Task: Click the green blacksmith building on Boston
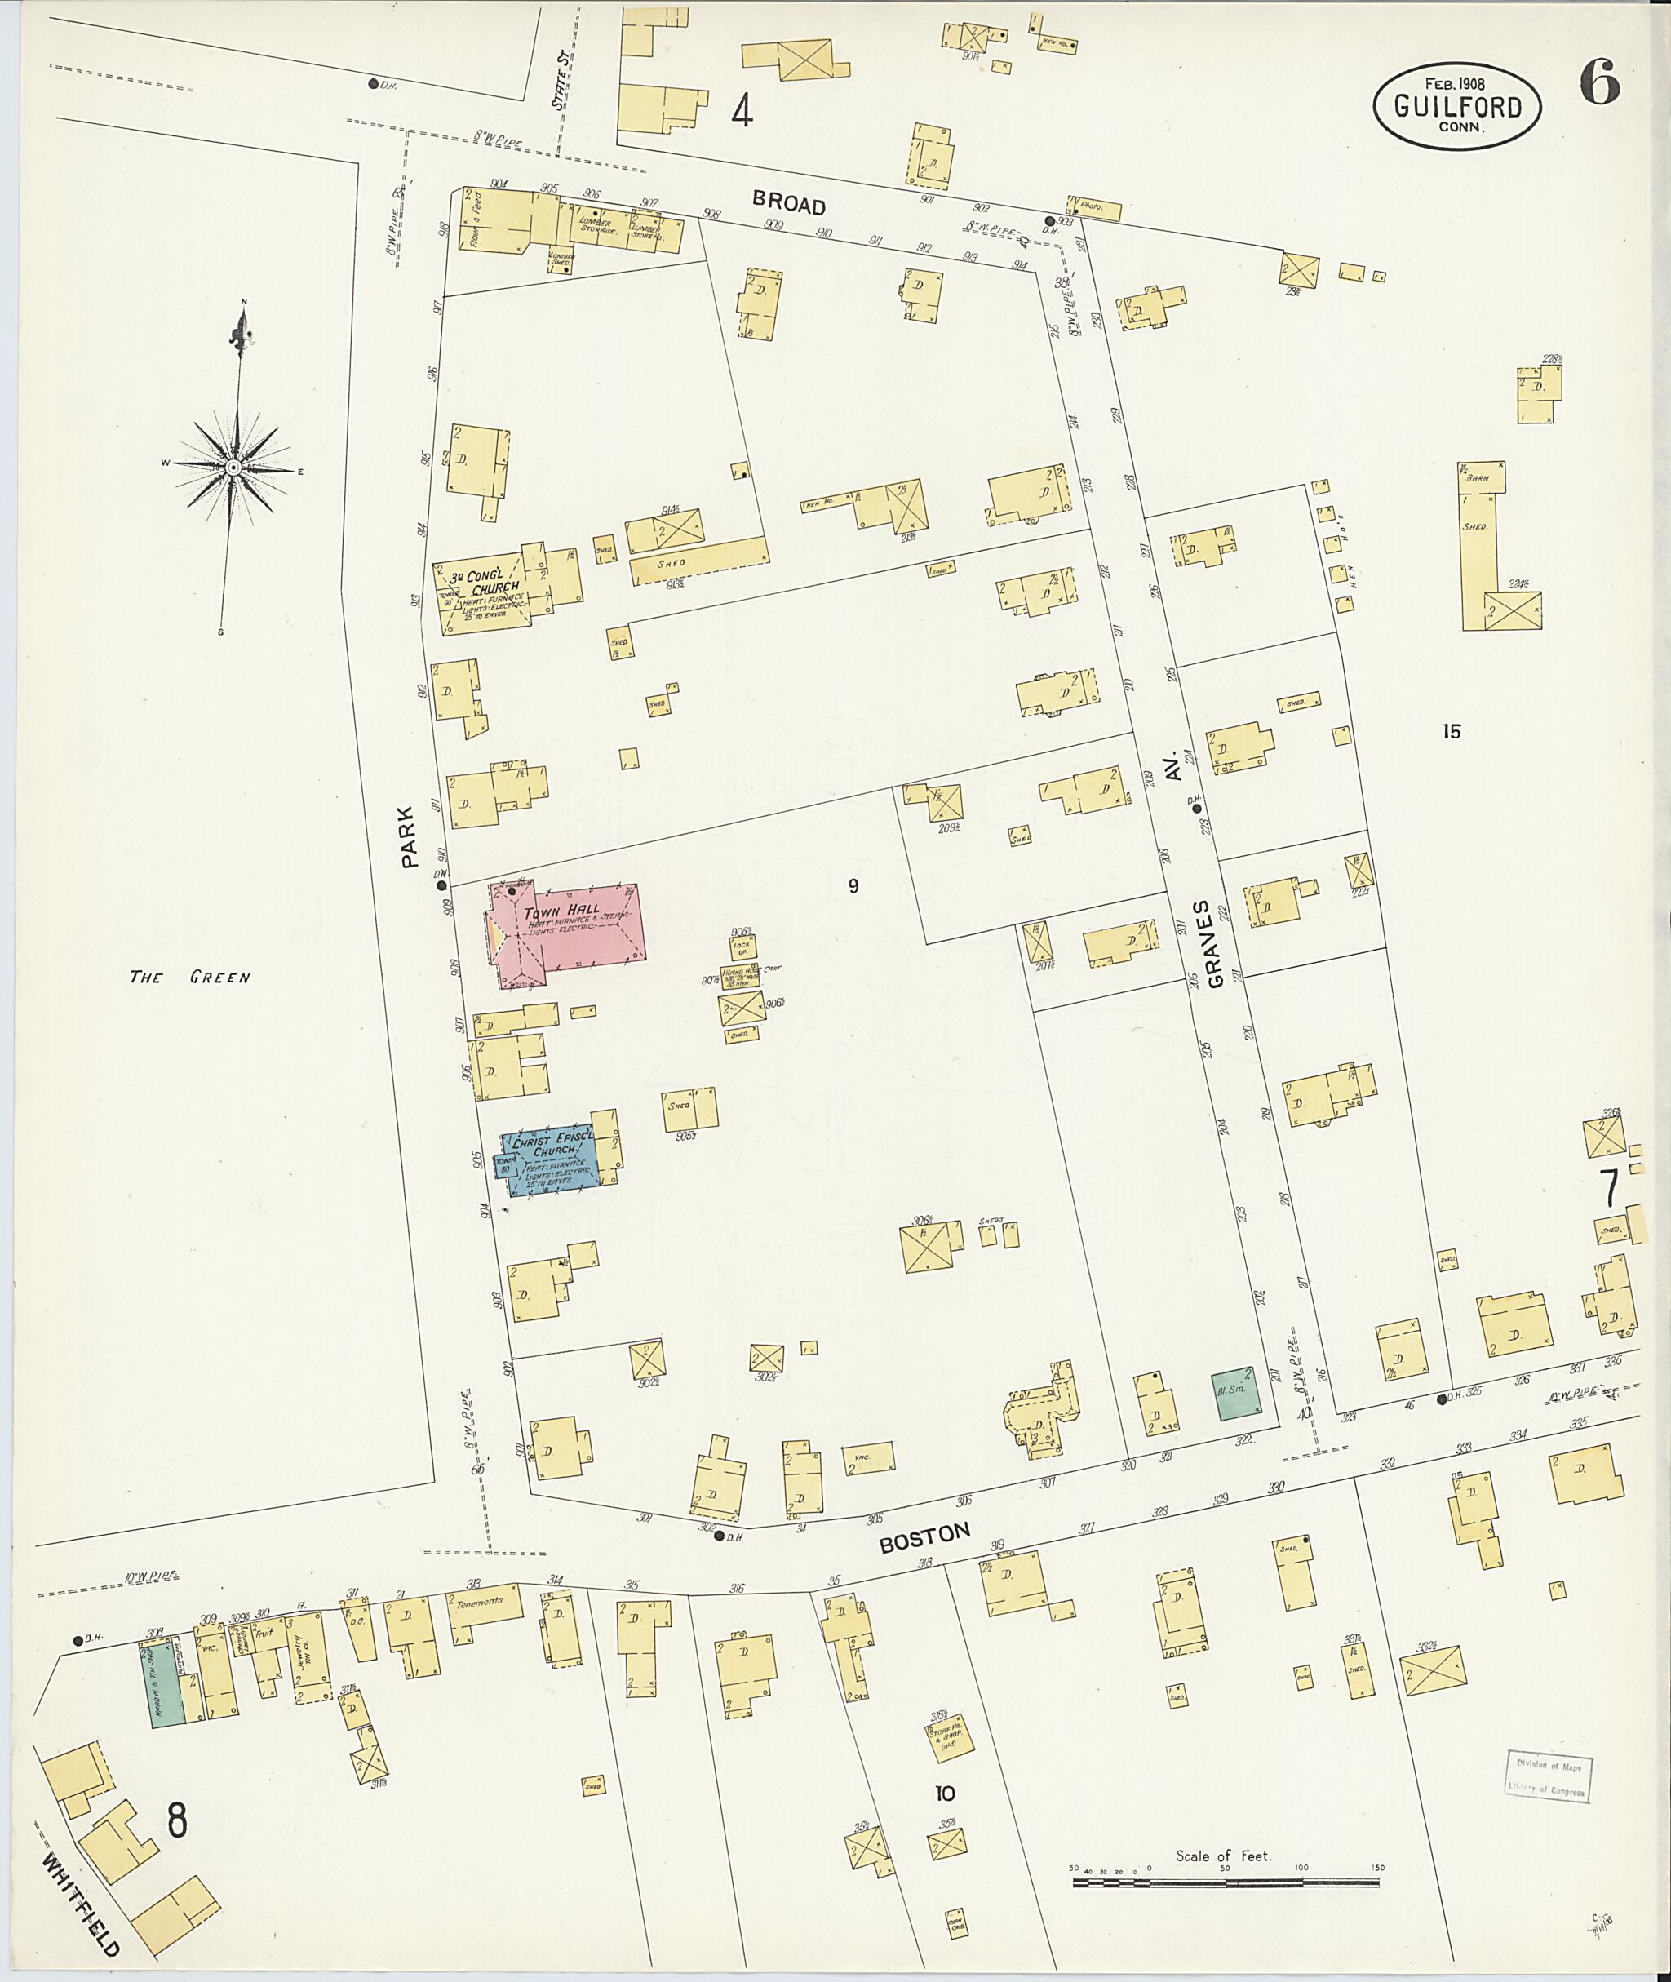click(x=1237, y=1394)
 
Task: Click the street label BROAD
click(x=789, y=204)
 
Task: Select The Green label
click(x=189, y=977)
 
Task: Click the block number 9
click(x=853, y=886)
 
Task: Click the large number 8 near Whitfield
click(x=176, y=1820)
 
